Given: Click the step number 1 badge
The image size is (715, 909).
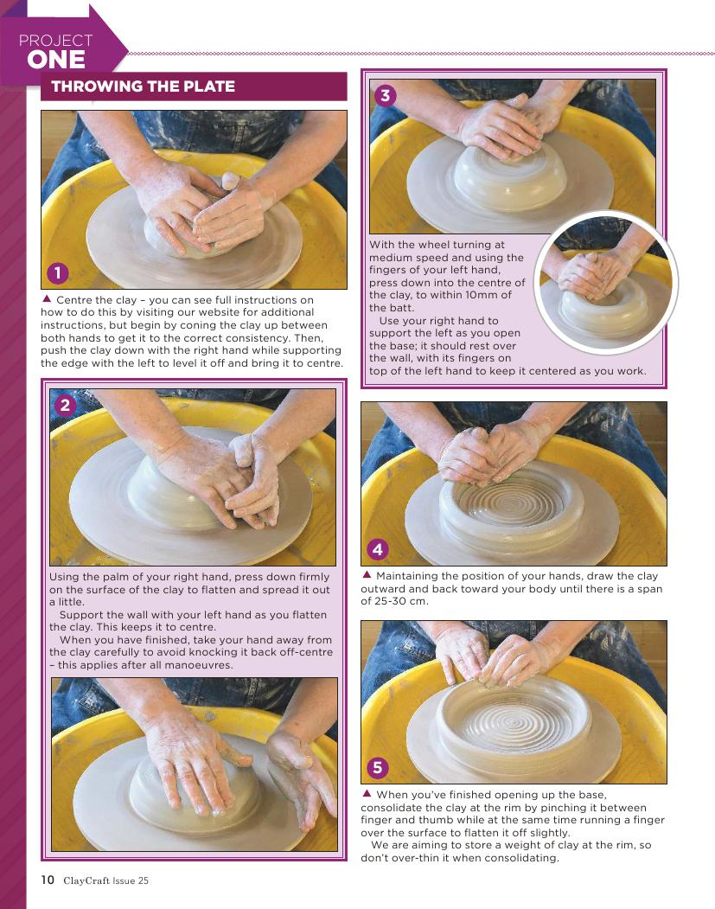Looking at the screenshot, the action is point(57,273).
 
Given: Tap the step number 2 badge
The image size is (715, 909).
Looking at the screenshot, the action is point(65,405).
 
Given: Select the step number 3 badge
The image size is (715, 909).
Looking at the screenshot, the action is point(386,94).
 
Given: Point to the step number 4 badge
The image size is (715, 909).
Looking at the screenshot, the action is point(378,548).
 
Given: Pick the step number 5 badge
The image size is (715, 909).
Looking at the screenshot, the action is point(377,767).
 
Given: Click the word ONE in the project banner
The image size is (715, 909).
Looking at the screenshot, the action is point(56,60).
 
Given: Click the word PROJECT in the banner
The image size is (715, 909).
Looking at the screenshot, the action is point(55,40).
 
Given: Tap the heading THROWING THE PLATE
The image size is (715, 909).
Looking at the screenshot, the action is point(144,86).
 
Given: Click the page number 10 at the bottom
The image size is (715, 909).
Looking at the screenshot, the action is point(48,880).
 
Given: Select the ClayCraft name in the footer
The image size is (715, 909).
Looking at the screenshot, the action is point(86,880).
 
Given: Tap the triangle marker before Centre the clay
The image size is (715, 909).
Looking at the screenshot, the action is point(47,299).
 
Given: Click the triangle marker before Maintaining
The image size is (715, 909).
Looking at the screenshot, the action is point(367,574).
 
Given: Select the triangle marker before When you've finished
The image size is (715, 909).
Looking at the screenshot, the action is point(367,793).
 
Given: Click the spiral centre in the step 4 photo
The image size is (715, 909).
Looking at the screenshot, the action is point(511,501).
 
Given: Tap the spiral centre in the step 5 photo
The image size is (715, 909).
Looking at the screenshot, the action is point(514,721).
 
